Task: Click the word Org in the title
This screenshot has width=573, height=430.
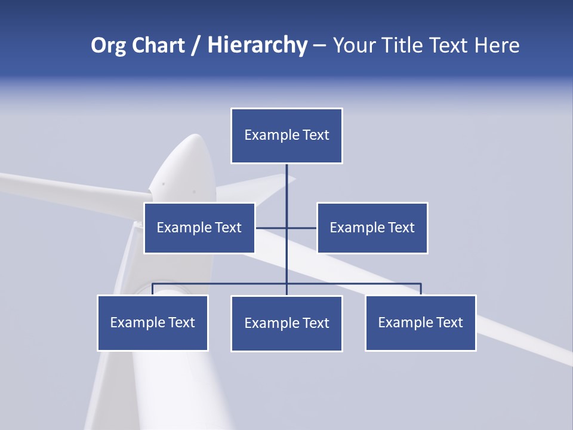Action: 108,45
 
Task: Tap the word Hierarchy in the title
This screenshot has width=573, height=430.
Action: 257,45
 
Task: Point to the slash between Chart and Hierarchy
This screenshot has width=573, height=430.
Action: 196,45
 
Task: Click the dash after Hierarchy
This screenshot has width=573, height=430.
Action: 319,45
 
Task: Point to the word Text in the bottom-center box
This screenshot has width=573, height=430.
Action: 315,323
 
